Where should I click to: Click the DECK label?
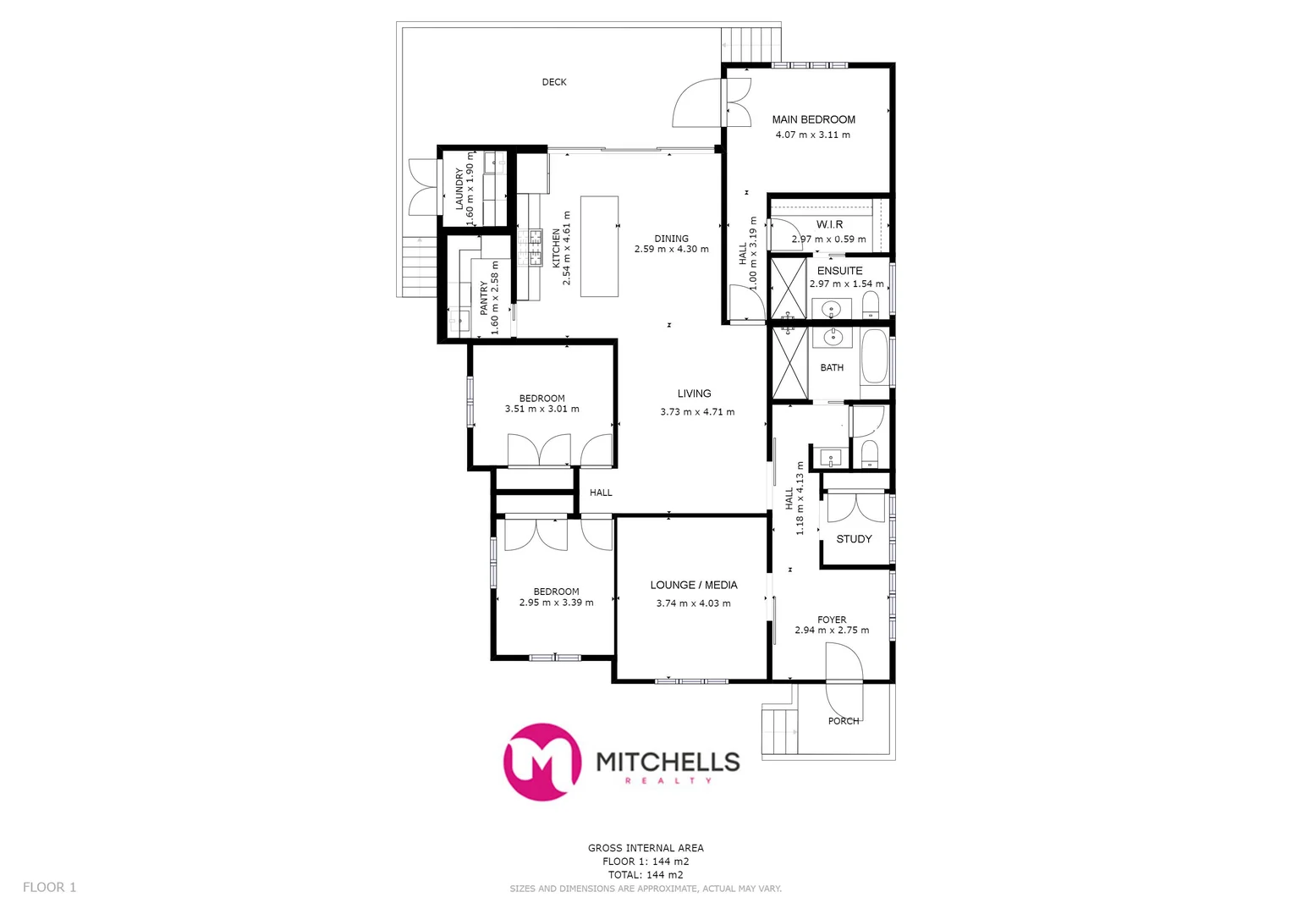[554, 82]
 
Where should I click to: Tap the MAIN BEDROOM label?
[813, 120]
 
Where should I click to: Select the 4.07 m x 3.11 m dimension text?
[812, 135]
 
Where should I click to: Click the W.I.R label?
[829, 224]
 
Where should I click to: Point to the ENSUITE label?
[839, 271]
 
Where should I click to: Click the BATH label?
[832, 367]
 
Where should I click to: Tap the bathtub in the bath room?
[874, 357]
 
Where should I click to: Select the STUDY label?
[854, 539]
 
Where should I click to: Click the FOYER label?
[832, 619]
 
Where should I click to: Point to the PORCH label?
[844, 721]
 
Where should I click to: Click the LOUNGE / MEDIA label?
[693, 585]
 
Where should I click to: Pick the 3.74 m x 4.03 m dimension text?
[693, 603]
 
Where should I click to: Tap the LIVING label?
[694, 394]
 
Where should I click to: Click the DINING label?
[671, 239]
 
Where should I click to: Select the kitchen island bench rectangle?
[599, 246]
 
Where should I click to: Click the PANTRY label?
[484, 299]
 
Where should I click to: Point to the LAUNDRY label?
[459, 189]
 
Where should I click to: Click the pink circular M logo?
[542, 762]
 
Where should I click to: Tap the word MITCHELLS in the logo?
[668, 762]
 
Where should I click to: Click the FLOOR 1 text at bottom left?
[49, 887]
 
